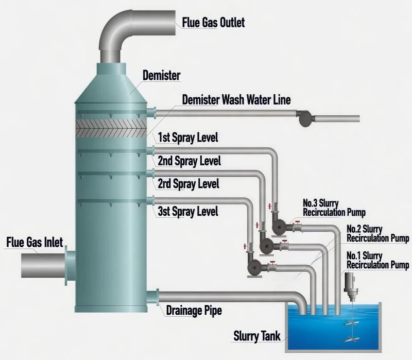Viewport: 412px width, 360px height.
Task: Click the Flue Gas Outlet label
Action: [213, 22]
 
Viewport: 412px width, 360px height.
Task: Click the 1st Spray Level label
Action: [188, 138]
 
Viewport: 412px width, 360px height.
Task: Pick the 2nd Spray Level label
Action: [190, 161]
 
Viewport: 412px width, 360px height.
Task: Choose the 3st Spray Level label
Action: [188, 211]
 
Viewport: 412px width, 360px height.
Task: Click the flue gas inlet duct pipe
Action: [41, 266]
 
